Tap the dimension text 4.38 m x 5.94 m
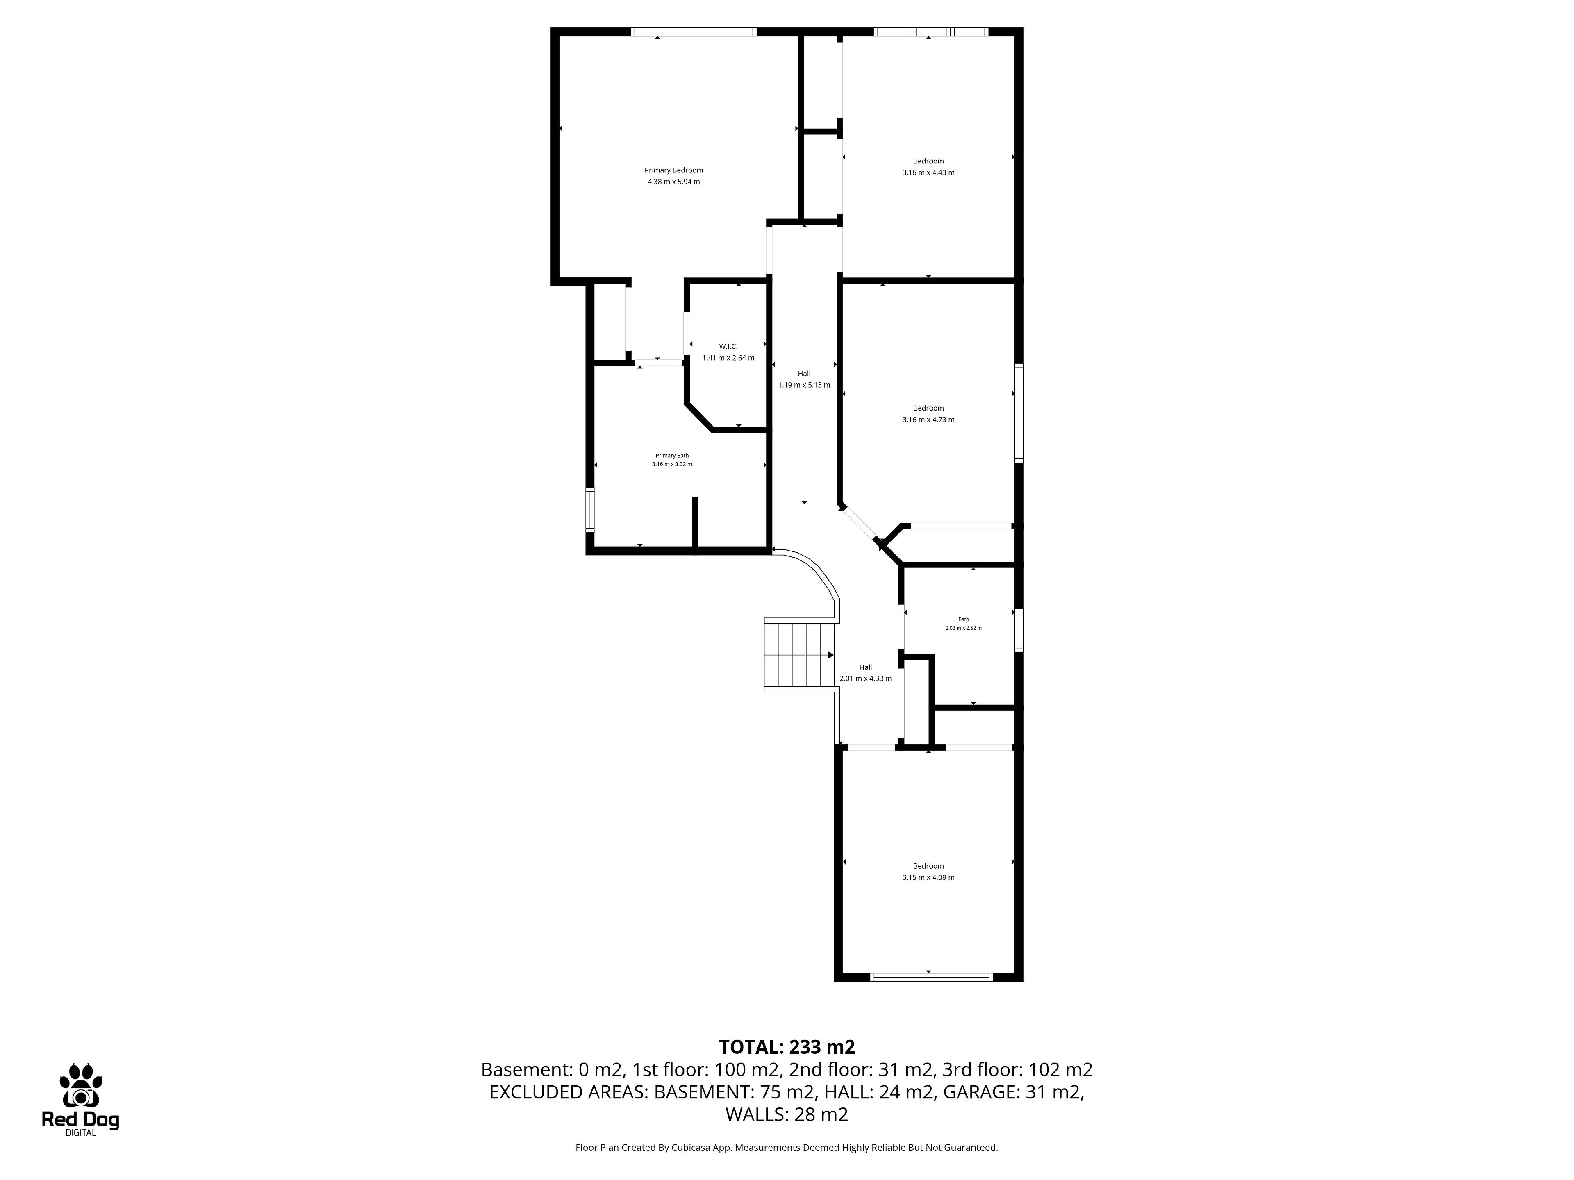tap(673, 182)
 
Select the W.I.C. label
tap(728, 346)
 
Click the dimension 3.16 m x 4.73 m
tap(928, 420)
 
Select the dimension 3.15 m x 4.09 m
tap(928, 878)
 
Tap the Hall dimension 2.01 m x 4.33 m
tap(865, 678)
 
